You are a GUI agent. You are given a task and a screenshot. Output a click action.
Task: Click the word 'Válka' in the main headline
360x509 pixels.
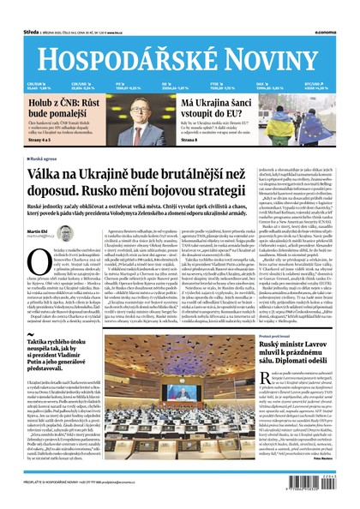49,175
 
